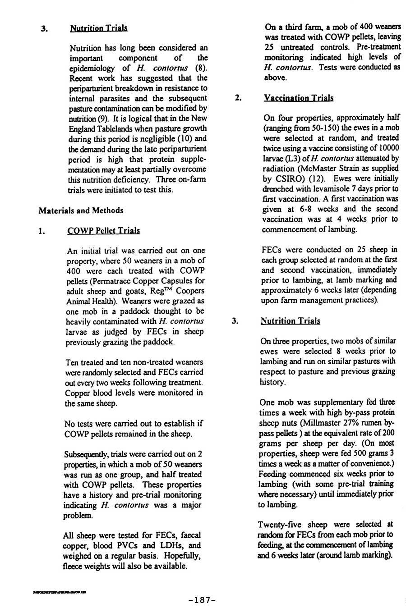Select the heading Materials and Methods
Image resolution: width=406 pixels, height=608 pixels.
pos(81,210)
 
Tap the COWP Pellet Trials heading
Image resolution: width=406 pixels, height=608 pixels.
pos(103,231)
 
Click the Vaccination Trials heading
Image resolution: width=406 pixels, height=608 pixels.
pos(299,98)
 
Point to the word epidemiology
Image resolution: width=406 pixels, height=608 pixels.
pos(93,68)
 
